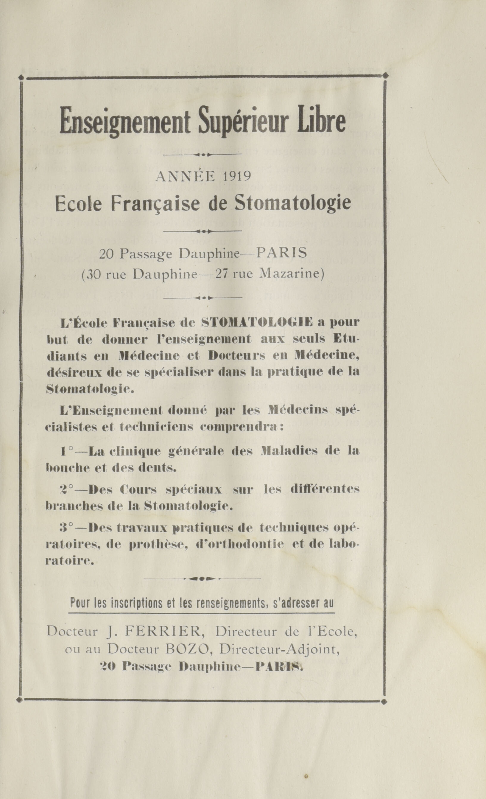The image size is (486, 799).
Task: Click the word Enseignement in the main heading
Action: (125, 122)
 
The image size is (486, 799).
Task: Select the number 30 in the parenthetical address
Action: (94, 275)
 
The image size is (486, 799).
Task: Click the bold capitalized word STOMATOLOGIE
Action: (257, 322)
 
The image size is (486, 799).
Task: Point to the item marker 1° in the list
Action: (66, 451)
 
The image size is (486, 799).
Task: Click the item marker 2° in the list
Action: (66, 489)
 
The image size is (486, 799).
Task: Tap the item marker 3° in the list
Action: (66, 528)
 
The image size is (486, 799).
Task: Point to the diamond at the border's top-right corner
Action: (385, 76)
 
